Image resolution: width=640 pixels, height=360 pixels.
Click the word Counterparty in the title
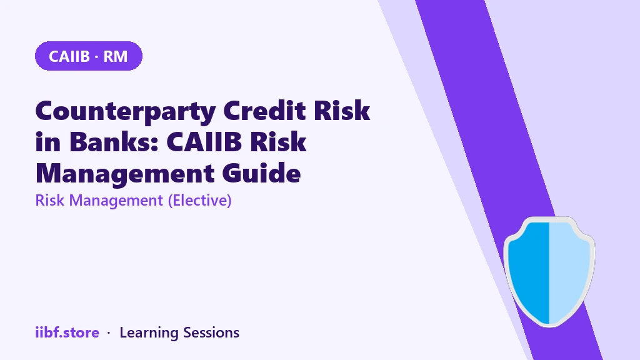(x=126, y=111)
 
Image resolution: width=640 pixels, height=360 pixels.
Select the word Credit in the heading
(x=264, y=110)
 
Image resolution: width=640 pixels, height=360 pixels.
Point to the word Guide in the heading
(x=262, y=173)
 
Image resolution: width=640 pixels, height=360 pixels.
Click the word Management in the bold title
(x=125, y=174)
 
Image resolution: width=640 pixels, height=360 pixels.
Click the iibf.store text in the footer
(x=67, y=332)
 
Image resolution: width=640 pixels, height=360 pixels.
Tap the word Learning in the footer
(x=149, y=333)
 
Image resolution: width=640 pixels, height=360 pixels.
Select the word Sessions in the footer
(x=211, y=332)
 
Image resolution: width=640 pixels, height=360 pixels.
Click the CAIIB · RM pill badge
(x=89, y=56)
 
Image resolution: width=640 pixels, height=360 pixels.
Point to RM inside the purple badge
(x=116, y=56)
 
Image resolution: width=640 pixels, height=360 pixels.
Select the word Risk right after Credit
(x=342, y=110)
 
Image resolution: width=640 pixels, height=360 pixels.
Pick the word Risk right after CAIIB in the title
(x=278, y=142)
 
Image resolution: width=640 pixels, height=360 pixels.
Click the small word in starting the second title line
(x=48, y=142)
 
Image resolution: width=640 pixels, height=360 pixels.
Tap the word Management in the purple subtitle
(x=116, y=201)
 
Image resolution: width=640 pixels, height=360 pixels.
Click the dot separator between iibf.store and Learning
(x=109, y=333)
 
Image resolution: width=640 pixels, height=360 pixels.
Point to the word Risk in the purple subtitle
(x=50, y=201)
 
